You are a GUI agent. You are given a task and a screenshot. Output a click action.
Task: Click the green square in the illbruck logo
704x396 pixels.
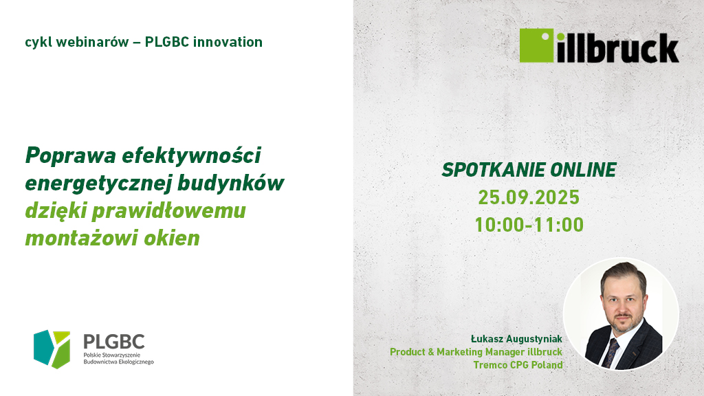tap(536, 45)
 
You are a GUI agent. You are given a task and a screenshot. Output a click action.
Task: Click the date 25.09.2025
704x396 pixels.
tap(529, 197)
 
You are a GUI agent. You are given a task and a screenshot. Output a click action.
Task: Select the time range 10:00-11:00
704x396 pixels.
tap(529, 225)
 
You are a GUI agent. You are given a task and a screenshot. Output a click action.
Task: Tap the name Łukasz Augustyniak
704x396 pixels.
tap(516, 339)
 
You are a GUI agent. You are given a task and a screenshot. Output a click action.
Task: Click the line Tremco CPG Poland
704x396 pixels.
tap(518, 365)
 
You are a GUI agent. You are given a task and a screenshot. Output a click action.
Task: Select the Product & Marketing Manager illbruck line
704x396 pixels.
tap(476, 352)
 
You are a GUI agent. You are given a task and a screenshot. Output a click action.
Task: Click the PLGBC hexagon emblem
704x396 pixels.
tap(52, 349)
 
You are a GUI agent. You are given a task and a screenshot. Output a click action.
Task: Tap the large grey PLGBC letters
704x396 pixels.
tap(114, 342)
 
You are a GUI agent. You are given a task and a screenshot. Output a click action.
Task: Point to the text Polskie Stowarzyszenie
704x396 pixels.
tap(112, 355)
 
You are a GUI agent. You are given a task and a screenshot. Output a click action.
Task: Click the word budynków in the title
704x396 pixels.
tap(231, 183)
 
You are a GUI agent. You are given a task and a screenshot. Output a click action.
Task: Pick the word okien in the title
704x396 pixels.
tap(171, 238)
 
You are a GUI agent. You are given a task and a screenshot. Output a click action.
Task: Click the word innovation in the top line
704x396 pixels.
tap(228, 42)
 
